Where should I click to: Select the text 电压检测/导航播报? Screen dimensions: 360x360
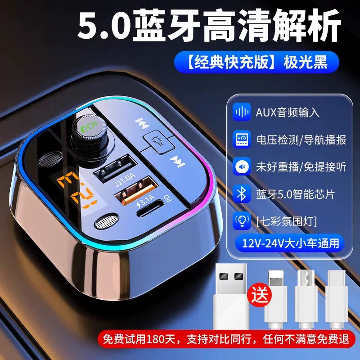pos(301,139)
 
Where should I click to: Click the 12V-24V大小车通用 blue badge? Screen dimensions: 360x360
pos(290,243)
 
